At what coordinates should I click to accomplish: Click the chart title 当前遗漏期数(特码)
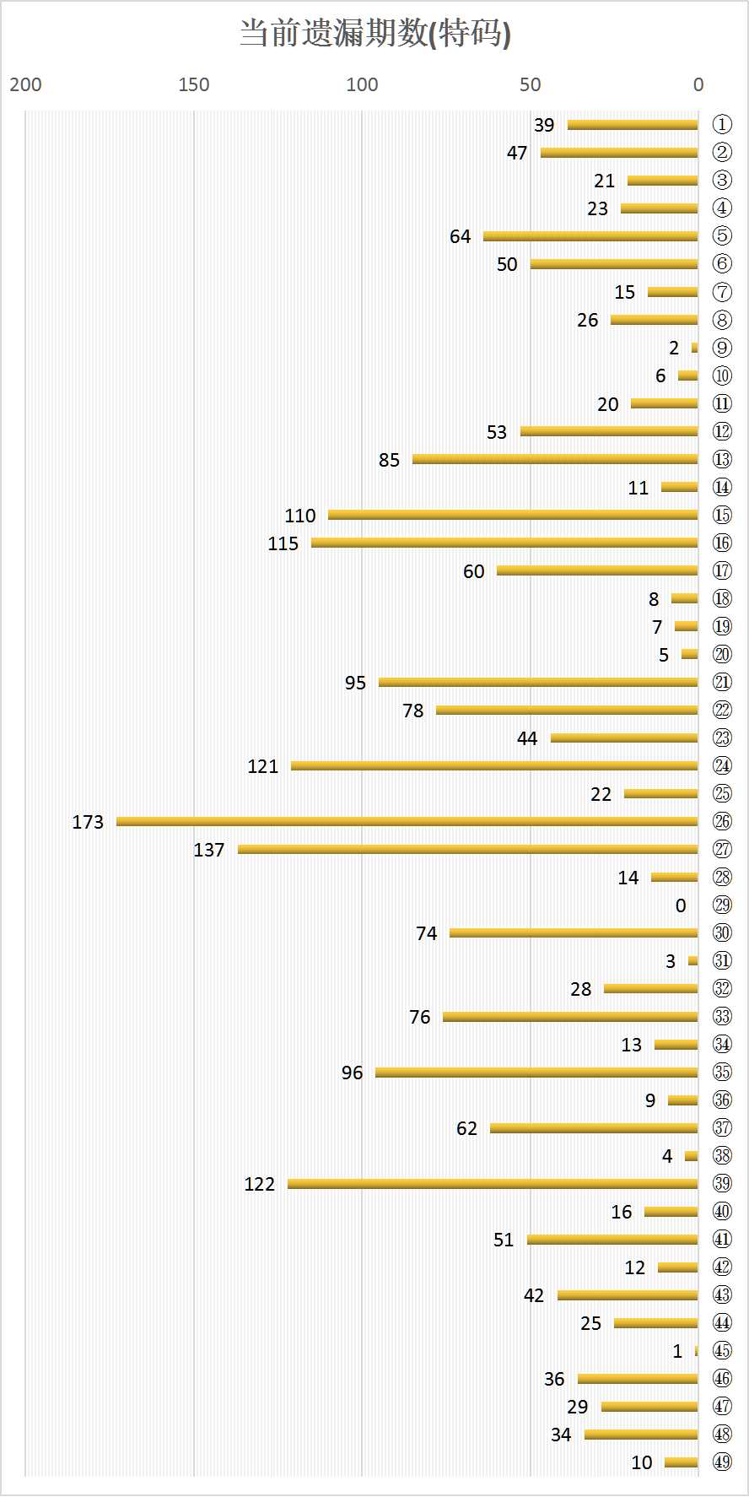pos(374,34)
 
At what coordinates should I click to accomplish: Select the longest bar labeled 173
pos(407,821)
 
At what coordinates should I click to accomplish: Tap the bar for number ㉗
pos(467,849)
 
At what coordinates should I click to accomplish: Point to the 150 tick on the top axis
pos(194,84)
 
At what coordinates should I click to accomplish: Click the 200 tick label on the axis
pos(25,84)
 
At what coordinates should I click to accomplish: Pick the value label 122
pos(260,1184)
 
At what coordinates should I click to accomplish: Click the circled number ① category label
pos(722,125)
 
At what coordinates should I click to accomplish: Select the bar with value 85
pos(555,459)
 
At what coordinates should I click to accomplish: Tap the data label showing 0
pos(681,905)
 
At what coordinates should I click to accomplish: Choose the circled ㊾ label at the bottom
pos(722,1462)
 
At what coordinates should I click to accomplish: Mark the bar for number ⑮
pos(513,515)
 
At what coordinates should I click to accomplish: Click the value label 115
pos(283,543)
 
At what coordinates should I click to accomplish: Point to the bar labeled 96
pos(536,1073)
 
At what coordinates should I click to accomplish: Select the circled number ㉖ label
pos(722,821)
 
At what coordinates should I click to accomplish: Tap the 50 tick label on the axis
pos(530,84)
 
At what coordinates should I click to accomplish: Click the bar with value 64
pos(590,236)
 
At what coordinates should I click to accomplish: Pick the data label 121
pos(263,766)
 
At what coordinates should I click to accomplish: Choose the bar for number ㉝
pos(570,1017)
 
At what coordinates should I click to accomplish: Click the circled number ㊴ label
pos(722,1183)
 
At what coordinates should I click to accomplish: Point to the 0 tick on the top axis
pos(698,84)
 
